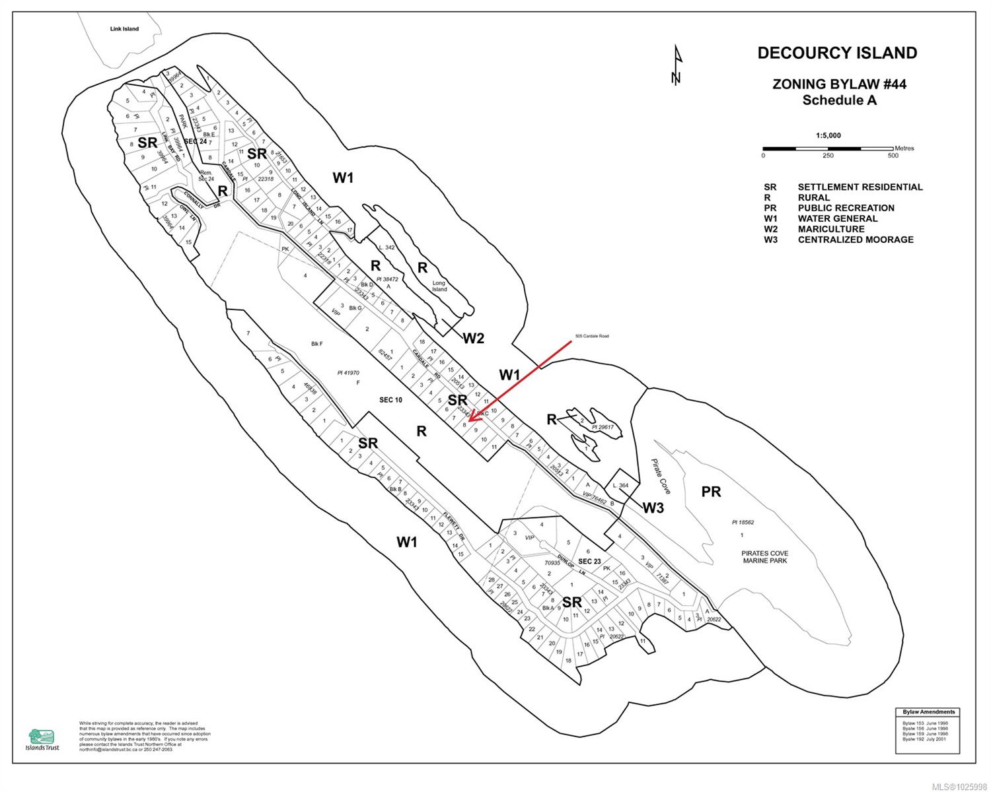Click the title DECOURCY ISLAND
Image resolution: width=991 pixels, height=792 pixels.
(x=837, y=53)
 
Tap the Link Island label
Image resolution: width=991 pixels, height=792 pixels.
(x=124, y=29)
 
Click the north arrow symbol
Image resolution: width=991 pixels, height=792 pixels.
(x=676, y=66)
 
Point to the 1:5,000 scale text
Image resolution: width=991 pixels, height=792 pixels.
(x=828, y=135)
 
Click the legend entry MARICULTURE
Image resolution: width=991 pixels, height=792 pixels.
(x=830, y=229)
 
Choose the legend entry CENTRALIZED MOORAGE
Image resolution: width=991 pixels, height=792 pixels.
(x=855, y=240)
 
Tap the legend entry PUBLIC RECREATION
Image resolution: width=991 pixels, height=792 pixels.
(x=846, y=208)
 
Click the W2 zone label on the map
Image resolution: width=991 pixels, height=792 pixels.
(x=473, y=339)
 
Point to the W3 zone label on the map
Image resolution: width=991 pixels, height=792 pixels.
(x=653, y=508)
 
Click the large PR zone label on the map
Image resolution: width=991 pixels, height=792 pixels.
(x=711, y=492)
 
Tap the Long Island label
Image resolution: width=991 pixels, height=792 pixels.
(x=439, y=286)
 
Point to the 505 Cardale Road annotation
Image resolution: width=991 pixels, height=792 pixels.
(x=591, y=337)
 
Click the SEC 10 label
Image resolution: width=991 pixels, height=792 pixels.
(x=390, y=400)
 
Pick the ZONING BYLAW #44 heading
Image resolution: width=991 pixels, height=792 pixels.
(x=839, y=84)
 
